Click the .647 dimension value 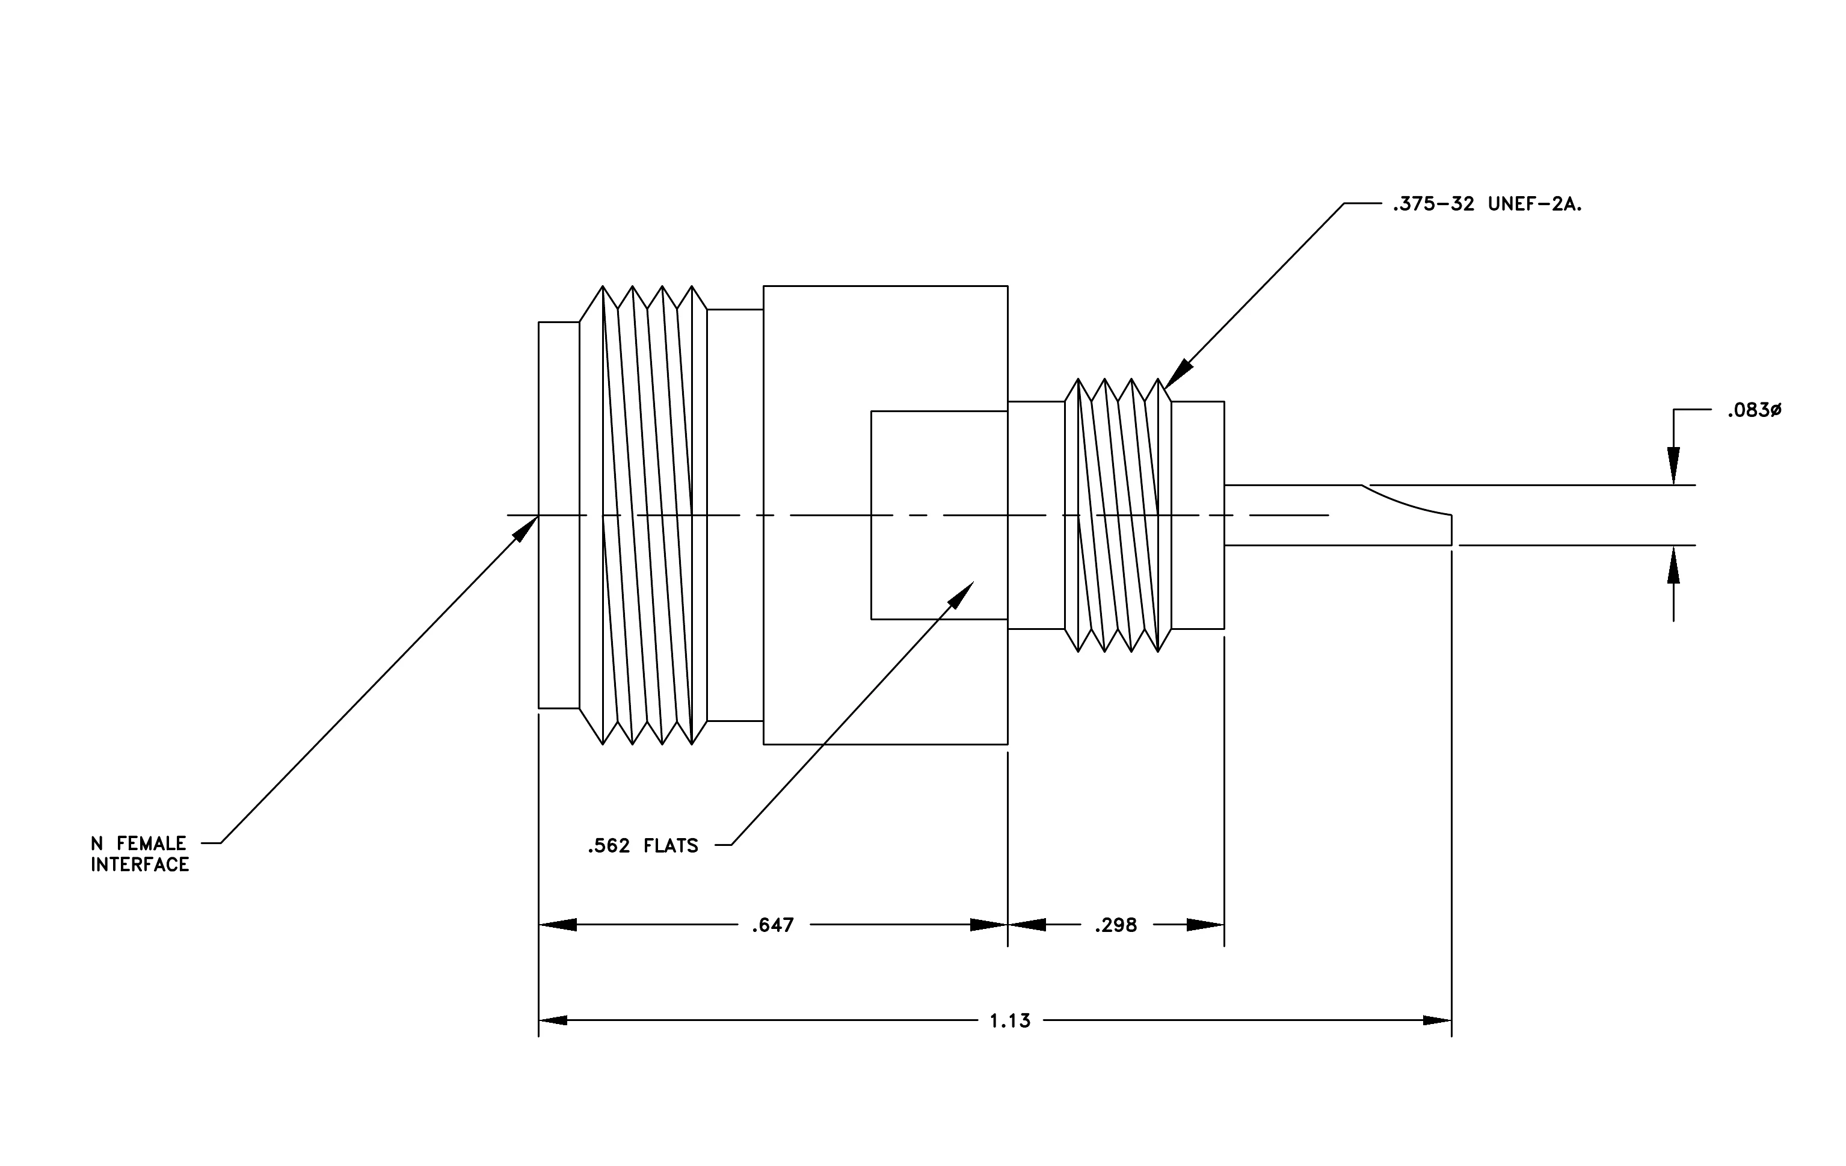point(773,926)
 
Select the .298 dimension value point(1115,926)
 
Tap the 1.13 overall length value point(1011,1021)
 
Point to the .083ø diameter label point(1754,411)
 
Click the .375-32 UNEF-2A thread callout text point(1488,205)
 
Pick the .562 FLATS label point(643,847)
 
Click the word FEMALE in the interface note point(152,844)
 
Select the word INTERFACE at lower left point(140,865)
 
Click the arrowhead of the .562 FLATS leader point(960,596)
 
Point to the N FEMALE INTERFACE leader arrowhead point(525,528)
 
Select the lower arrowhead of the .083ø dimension point(1673,564)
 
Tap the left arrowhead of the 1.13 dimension point(553,1021)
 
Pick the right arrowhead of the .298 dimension point(1205,925)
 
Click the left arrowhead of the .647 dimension point(558,925)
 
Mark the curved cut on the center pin point(1408,501)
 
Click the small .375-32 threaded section point(1118,515)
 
